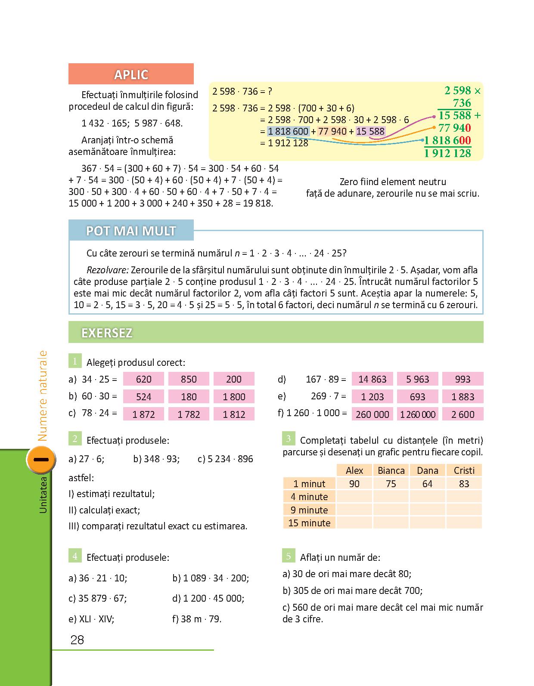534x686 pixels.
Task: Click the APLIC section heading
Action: pyautogui.click(x=131, y=74)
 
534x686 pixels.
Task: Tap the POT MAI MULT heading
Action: pyautogui.click(x=131, y=231)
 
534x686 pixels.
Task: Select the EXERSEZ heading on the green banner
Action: pyautogui.click(x=107, y=333)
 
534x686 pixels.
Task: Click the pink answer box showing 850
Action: pyautogui.click(x=189, y=379)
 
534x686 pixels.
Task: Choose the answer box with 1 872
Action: pyautogui.click(x=143, y=414)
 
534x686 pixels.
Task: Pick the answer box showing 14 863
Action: pyautogui.click(x=372, y=379)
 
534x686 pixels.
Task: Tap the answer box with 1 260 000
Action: pyautogui.click(x=417, y=414)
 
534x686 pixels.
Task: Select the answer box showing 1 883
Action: pyautogui.click(x=463, y=397)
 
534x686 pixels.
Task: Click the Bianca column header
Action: pyautogui.click(x=391, y=470)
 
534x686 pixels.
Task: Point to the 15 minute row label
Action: pyautogui.click(x=309, y=523)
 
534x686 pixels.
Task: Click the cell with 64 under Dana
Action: pyautogui.click(x=427, y=484)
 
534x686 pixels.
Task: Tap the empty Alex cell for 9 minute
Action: pyautogui.click(x=354, y=510)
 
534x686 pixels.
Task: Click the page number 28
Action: pyautogui.click(x=77, y=640)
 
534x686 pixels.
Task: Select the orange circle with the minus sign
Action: pyautogui.click(x=41, y=460)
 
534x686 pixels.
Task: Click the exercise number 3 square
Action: pyautogui.click(x=289, y=439)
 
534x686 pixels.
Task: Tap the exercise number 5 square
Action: pyautogui.click(x=289, y=556)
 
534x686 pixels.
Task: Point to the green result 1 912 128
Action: pyautogui.click(x=447, y=153)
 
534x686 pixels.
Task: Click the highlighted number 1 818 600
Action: pyautogui.click(x=288, y=131)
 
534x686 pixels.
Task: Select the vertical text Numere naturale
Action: pyautogui.click(x=42, y=396)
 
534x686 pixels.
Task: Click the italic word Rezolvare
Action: pyautogui.click(x=107, y=270)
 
